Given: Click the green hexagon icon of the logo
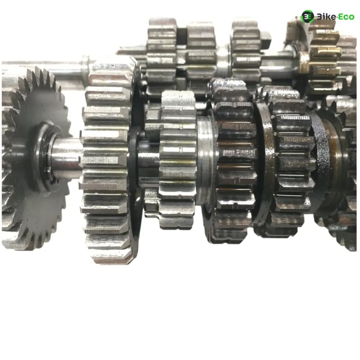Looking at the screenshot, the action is tap(307, 17).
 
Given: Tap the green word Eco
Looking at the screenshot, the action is tap(346, 17).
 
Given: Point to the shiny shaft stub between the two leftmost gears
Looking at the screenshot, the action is tap(67, 158).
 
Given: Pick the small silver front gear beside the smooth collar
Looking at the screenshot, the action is tap(177, 161).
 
